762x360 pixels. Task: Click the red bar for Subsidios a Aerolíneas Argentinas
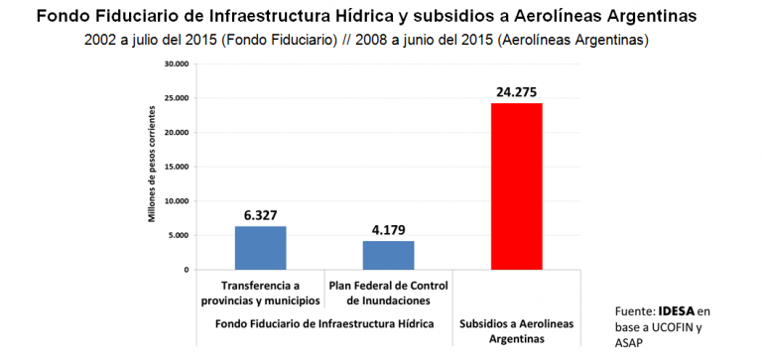[516, 186]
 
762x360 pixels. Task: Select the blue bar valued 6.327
[260, 248]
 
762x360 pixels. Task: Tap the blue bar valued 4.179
[388, 255]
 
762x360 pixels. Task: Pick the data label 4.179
[388, 230]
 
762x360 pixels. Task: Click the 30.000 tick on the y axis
[176, 63]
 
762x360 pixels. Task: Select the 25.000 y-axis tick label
[176, 98]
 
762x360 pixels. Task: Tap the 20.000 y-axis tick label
[176, 132]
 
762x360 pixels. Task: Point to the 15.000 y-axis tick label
[176, 167]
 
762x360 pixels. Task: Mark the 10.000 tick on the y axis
[176, 200]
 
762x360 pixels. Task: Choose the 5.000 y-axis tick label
[178, 235]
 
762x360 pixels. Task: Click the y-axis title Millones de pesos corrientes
[152, 167]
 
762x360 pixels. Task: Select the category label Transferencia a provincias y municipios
[261, 294]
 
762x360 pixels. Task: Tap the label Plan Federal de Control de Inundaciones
[388, 294]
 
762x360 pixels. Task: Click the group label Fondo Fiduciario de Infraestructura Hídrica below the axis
[323, 324]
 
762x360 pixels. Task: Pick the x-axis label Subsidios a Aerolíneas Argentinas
[516, 331]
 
